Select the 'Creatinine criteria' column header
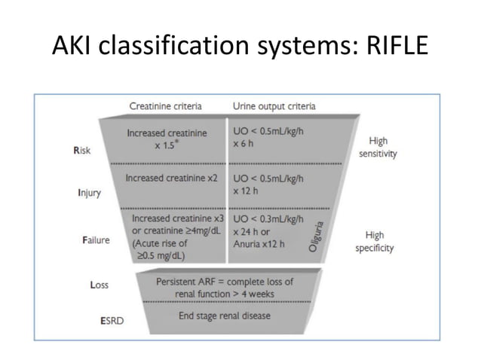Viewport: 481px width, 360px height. click(170, 105)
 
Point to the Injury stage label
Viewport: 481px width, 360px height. click(89, 193)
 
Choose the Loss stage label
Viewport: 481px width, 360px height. click(99, 285)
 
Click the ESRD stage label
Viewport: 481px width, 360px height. click(111, 319)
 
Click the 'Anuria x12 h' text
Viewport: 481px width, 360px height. click(259, 244)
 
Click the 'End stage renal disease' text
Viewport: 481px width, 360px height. click(224, 315)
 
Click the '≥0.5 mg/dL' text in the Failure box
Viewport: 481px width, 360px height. click(165, 255)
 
